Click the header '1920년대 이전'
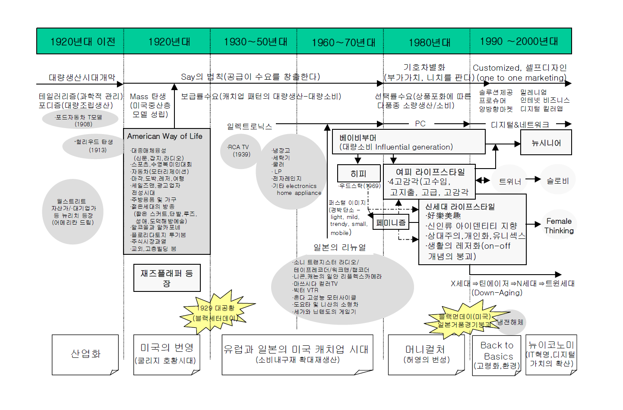click(x=82, y=41)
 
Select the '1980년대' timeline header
click(x=429, y=42)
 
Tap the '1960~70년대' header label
click(x=343, y=42)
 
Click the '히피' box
click(x=358, y=173)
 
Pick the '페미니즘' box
click(x=390, y=222)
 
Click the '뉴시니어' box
click(x=546, y=143)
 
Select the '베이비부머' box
click(x=408, y=142)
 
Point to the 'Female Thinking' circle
click(x=559, y=225)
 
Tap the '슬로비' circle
click(x=557, y=181)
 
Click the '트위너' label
click(x=509, y=182)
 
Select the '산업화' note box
click(x=85, y=354)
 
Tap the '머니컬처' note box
click(x=426, y=354)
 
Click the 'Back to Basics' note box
click(x=497, y=355)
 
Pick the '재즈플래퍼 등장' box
click(x=167, y=278)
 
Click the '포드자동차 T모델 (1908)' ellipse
click(x=80, y=120)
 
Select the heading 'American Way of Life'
click(x=164, y=136)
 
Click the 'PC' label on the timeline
click(x=420, y=124)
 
